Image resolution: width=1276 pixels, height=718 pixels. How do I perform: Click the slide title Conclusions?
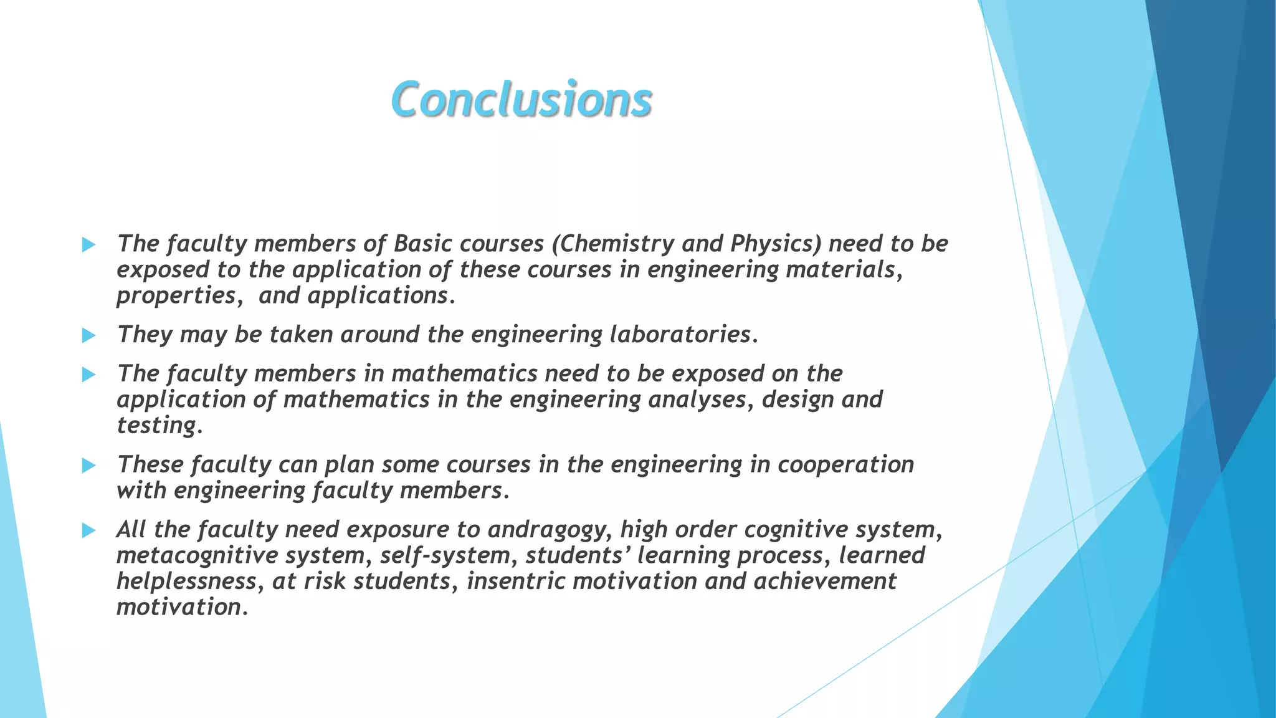pos(521,100)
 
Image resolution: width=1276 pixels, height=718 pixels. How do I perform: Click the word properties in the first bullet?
pos(176,296)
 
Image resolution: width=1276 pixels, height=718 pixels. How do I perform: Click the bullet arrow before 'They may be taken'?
pos(89,335)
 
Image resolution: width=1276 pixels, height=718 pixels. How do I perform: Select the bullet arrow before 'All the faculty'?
pos(89,530)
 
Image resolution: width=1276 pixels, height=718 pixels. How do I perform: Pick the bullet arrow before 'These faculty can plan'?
pos(89,466)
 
